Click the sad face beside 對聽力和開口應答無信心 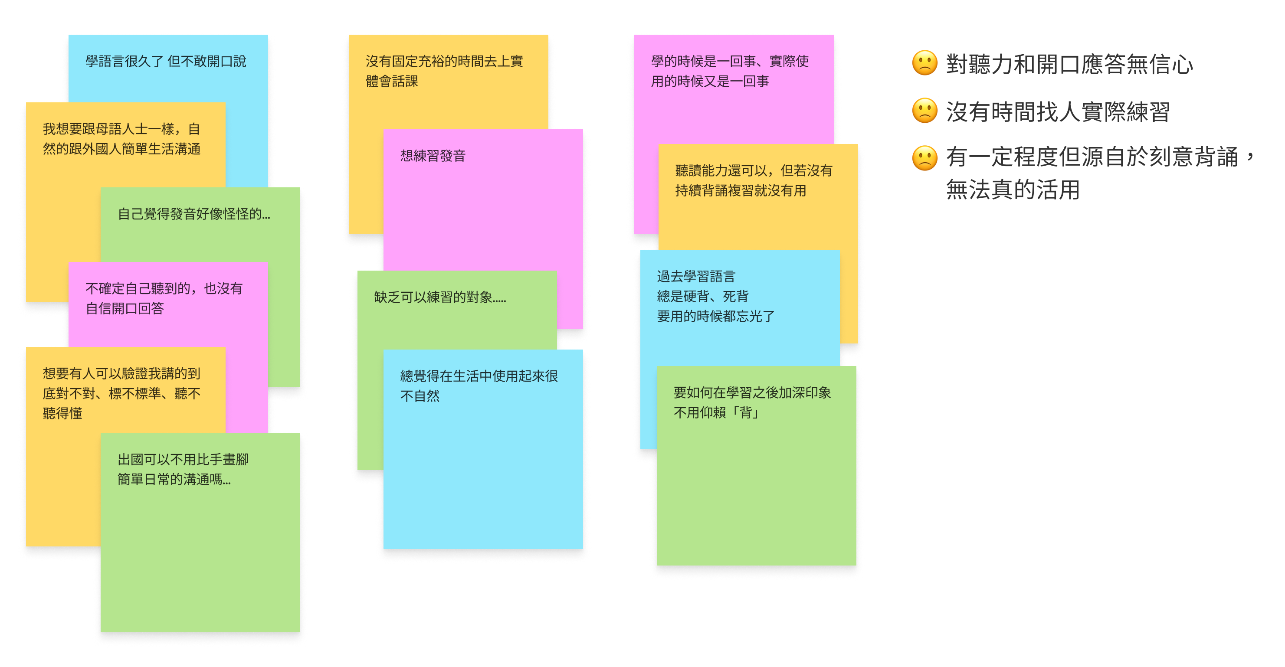point(924,63)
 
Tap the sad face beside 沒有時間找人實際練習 point(924,111)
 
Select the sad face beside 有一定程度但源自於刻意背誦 point(924,157)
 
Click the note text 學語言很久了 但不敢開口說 point(166,61)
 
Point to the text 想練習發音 point(433,156)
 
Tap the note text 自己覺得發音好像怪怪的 point(193,214)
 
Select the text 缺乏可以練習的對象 point(440,297)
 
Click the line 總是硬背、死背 point(702,297)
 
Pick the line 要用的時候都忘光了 point(715,317)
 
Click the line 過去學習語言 point(696,276)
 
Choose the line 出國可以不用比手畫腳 point(183,459)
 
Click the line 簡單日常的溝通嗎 point(174,479)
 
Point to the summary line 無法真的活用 point(1013,190)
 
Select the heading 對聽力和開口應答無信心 point(1069,64)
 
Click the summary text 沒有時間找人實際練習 point(1058,111)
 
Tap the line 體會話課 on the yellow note point(392,81)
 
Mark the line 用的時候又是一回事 point(709,81)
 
